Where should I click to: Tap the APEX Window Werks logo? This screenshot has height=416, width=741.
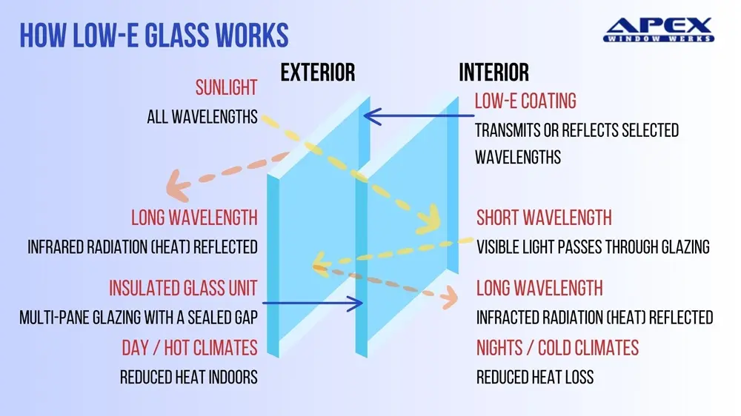659,29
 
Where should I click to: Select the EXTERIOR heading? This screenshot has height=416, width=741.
318,72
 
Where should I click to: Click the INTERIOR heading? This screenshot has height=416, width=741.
494,72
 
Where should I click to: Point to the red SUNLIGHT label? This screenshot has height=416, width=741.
226,88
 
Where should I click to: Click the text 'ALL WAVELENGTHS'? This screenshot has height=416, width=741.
202,116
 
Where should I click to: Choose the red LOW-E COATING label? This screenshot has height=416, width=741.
525,100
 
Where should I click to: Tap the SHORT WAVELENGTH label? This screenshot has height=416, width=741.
544,218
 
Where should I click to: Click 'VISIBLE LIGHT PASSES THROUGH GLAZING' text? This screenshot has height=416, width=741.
593,246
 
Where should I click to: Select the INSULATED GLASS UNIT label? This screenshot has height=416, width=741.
183,288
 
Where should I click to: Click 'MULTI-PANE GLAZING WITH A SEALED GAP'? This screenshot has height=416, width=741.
139,318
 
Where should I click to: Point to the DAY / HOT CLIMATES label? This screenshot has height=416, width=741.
190,346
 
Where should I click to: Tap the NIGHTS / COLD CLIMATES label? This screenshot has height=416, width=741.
557,346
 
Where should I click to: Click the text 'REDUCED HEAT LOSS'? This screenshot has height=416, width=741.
534,377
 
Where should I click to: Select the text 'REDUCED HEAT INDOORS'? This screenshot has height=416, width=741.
189,377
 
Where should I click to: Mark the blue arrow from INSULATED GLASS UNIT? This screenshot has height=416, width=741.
312,303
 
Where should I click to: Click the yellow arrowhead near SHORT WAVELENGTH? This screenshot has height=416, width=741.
429,219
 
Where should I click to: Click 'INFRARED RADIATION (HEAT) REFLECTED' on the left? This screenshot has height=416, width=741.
143,246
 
